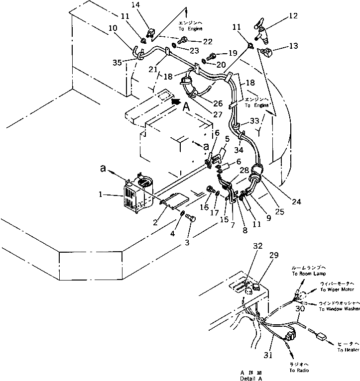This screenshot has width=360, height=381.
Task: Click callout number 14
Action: click(x=150, y=5)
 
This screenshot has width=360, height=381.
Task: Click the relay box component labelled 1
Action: click(x=135, y=197)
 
